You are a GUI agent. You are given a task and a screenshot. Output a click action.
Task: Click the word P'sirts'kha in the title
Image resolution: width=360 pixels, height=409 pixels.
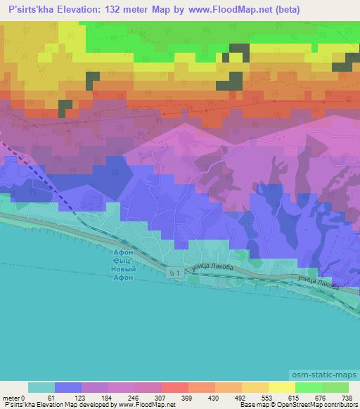coord(31,8)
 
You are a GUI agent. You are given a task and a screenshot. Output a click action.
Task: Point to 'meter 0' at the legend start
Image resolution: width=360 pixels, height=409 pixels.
coord(14,397)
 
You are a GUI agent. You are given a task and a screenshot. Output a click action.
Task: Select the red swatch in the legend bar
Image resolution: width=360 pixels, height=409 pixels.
coord(175,387)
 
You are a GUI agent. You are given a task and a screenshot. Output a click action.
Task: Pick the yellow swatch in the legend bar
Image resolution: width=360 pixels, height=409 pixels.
coord(282,387)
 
